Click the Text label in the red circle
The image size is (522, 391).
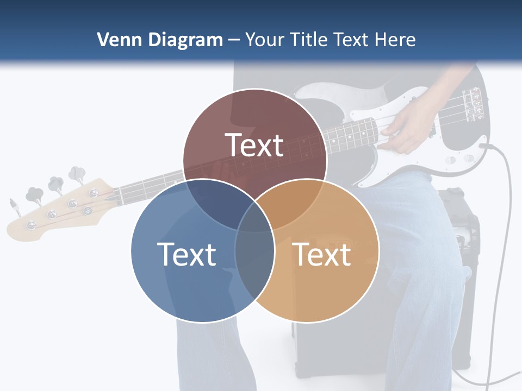254,145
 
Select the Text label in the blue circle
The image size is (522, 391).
187,254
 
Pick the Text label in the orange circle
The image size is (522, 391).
321,254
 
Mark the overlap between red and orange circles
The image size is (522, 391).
294,204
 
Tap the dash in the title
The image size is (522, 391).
234,40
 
